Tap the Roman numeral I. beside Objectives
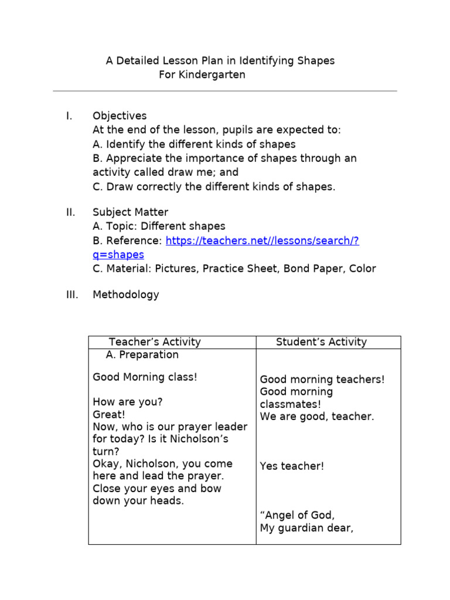tap(69, 116)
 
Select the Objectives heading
tap(120, 116)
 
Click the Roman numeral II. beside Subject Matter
tap(70, 212)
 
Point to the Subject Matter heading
tap(130, 212)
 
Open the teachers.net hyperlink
tap(262, 240)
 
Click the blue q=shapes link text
tap(118, 254)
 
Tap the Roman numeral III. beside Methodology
tap(71, 295)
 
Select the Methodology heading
tap(125, 295)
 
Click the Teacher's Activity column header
tap(155, 342)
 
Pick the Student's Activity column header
tap(321, 342)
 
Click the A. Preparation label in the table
tap(142, 355)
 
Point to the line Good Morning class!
tap(145, 377)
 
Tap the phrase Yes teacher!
tap(292, 466)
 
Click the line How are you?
tap(127, 403)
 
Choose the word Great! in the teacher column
tap(109, 415)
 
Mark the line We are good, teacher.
tap(316, 417)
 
